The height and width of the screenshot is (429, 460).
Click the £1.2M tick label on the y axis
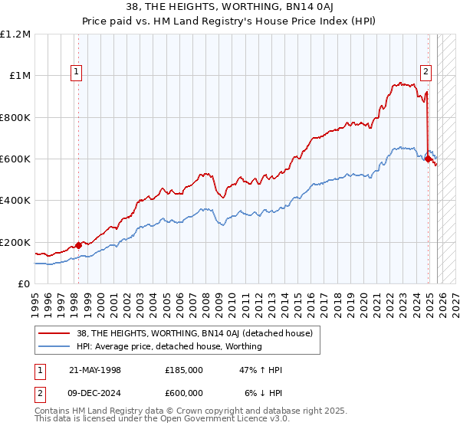coord(15,34)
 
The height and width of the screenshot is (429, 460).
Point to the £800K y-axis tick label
coord(15,118)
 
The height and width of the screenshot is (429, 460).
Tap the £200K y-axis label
coord(15,243)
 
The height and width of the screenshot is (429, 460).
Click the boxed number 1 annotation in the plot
coord(77,73)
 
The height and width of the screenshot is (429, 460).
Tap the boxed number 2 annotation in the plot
coord(426,73)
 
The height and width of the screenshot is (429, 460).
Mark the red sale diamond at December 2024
coord(427,159)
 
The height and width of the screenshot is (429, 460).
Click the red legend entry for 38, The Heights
coord(192,333)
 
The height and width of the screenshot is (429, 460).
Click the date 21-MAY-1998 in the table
coord(95,370)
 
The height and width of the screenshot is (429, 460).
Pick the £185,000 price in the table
coord(183,370)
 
